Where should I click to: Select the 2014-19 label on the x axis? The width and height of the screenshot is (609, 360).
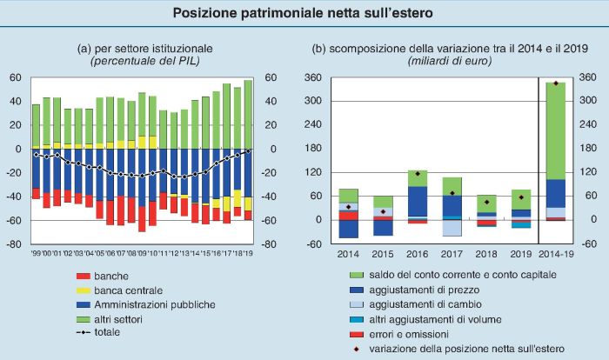coord(555,253)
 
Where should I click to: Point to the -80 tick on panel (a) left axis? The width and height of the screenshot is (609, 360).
coord(15,244)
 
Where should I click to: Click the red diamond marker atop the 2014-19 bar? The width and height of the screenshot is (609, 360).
coord(555,83)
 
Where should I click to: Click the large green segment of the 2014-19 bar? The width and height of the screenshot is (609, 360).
coord(555,130)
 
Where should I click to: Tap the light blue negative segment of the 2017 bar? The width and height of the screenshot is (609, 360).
coord(452,227)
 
